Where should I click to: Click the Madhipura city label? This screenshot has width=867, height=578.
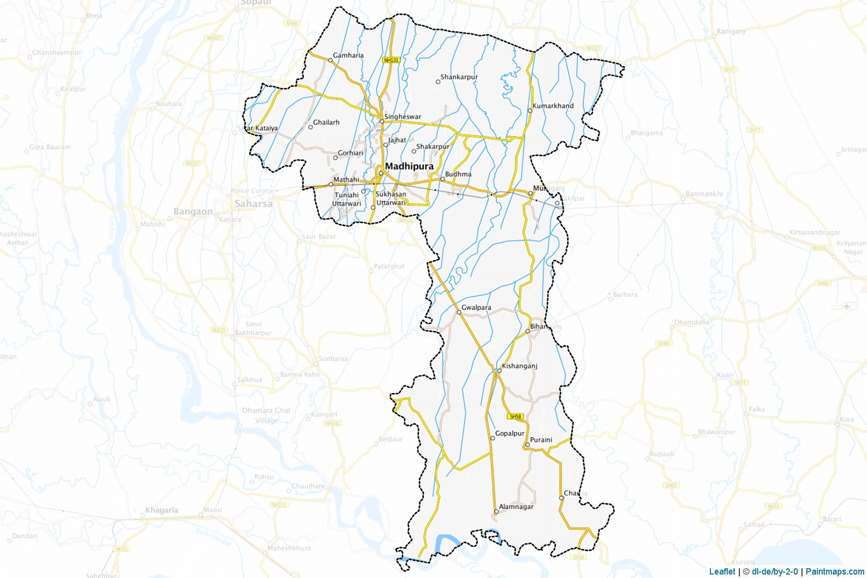coord(409,166)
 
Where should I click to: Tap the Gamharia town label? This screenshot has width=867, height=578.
coord(348,55)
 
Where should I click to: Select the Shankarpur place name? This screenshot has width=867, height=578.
coord(459,77)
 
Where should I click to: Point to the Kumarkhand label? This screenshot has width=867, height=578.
coord(553,106)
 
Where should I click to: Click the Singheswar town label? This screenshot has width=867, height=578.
coord(402,116)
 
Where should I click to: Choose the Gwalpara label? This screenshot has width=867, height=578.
coord(476,307)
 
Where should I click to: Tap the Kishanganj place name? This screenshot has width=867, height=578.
coord(519,366)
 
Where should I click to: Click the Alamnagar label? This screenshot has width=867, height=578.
coord(516,506)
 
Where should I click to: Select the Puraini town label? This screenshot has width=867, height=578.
coord(541,439)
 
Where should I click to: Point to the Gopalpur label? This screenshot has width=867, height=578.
coord(510,433)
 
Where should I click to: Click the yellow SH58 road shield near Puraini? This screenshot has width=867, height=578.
coord(515,417)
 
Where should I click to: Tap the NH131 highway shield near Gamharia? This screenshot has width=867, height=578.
coord(391,60)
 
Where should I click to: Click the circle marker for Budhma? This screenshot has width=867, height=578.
coord(442,179)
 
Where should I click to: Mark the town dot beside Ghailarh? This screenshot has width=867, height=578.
coord(310,127)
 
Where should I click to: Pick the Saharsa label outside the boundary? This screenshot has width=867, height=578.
coord(254,204)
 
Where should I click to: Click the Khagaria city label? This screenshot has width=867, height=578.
coord(161,510)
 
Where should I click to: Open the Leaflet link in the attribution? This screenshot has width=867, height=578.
coord(722,571)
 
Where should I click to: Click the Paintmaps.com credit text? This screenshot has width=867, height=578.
coord(835,571)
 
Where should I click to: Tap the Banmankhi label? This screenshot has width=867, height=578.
coord(704,193)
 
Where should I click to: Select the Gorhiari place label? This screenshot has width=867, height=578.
coord(350,153)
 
